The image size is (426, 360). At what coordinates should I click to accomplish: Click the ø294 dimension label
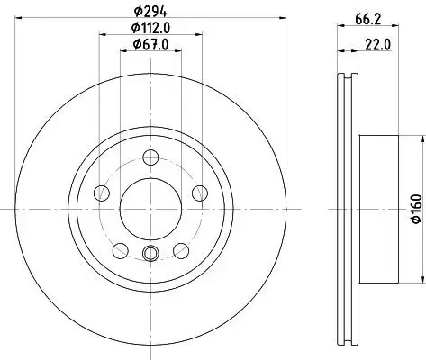pos(149,11)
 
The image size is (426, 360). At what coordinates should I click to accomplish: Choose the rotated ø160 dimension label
pos(416,210)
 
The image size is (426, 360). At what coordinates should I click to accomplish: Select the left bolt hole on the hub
pos(102,193)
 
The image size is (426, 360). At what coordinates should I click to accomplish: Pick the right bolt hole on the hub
pos(198,193)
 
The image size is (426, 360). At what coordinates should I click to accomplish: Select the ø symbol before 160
pos(416,223)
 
